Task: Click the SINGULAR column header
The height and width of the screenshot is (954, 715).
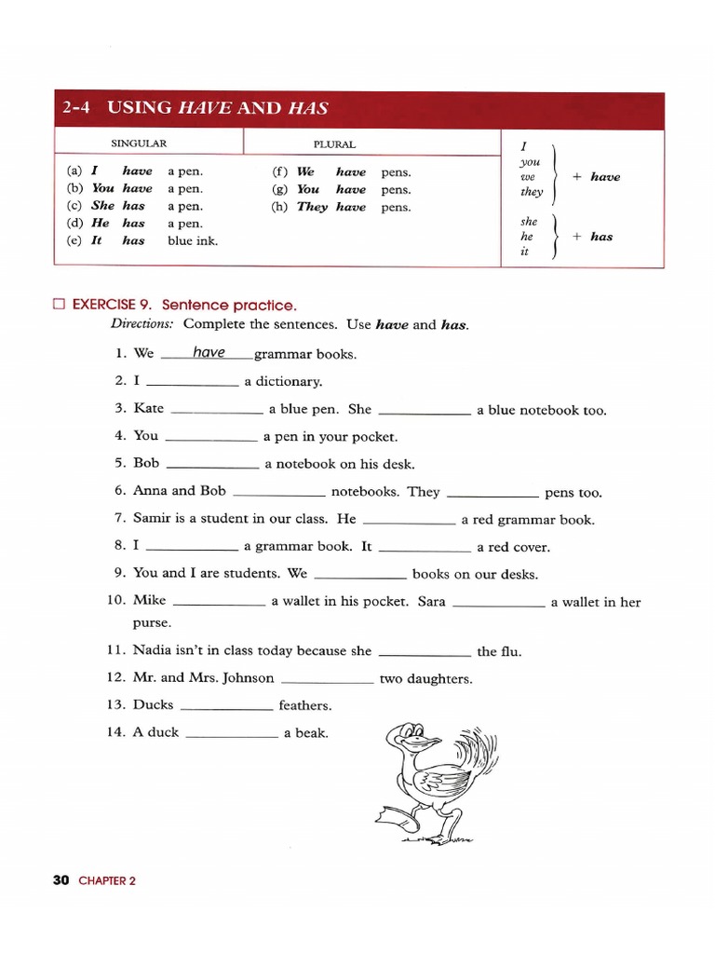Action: click(x=139, y=144)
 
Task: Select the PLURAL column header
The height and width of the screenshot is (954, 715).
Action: click(x=334, y=144)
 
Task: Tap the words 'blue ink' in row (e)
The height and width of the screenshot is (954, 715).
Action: click(x=193, y=240)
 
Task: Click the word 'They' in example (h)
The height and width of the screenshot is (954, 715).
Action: click(x=312, y=207)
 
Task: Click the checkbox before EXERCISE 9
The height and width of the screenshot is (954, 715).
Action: click(x=60, y=305)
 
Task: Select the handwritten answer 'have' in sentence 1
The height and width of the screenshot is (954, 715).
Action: click(x=209, y=352)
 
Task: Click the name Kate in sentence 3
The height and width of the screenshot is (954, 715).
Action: click(x=149, y=408)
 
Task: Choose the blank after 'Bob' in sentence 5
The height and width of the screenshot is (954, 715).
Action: click(x=211, y=465)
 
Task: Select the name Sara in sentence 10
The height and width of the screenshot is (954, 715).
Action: click(x=432, y=601)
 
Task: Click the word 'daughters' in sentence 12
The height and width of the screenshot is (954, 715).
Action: click(x=439, y=679)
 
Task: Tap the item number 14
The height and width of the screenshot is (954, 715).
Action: click(x=116, y=732)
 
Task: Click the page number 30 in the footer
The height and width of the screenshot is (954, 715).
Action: click(x=62, y=879)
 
